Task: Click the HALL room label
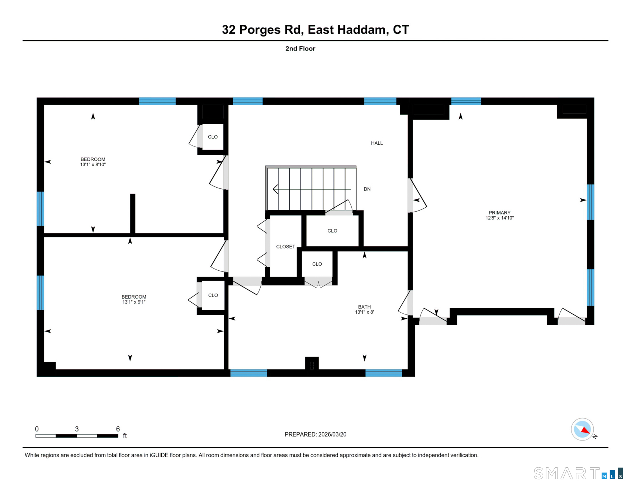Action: [377, 143]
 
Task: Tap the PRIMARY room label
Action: [499, 213]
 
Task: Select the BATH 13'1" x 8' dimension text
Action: [364, 312]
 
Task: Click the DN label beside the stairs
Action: [367, 189]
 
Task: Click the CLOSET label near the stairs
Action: [285, 247]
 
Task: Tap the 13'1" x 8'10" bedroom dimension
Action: [93, 165]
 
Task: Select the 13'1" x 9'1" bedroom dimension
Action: [134, 302]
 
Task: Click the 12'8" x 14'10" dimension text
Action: [499, 218]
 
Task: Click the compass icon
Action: [582, 429]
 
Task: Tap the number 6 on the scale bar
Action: [118, 429]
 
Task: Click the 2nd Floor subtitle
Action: [300, 49]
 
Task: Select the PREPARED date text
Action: [315, 434]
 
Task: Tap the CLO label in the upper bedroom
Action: [213, 137]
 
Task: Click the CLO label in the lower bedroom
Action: [213, 295]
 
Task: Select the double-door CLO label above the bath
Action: [317, 264]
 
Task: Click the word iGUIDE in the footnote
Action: [159, 455]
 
